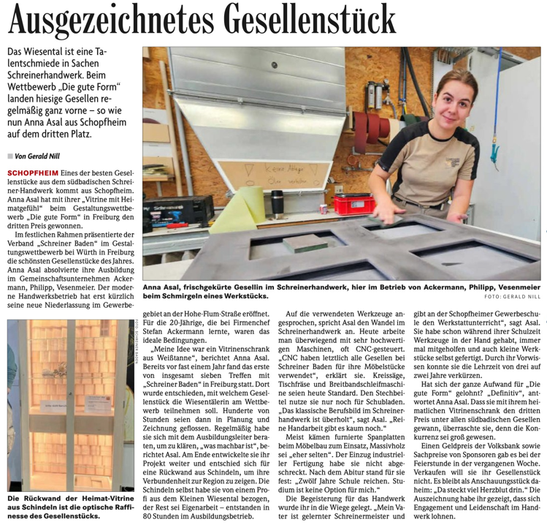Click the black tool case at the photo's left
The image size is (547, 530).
coord(168,213)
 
